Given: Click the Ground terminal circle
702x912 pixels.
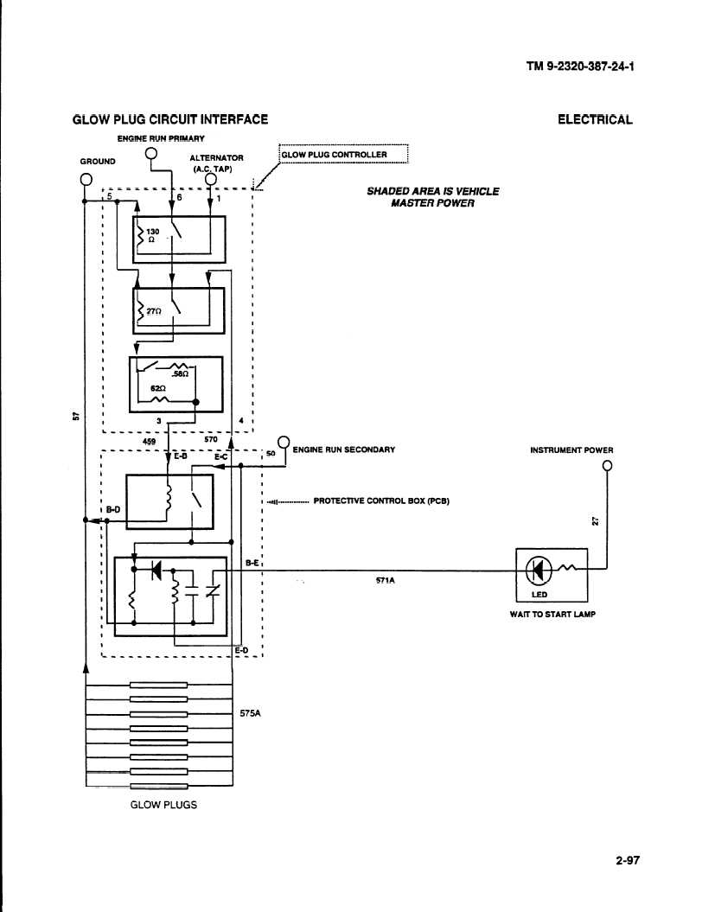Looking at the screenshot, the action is [x=86, y=179].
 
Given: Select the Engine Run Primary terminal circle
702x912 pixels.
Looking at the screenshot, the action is [x=150, y=154].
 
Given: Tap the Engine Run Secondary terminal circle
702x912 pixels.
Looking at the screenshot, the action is [x=284, y=442].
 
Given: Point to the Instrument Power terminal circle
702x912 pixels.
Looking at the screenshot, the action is [x=608, y=465].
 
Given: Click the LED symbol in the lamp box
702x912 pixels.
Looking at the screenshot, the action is [x=538, y=571].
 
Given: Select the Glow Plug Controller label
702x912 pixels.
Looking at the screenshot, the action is [x=334, y=155].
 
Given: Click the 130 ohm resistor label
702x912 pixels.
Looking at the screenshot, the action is [x=152, y=235].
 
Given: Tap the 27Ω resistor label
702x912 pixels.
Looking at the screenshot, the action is [x=154, y=312].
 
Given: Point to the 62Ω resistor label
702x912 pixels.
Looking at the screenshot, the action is [x=158, y=388].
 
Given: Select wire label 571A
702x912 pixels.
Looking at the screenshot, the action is [x=385, y=580].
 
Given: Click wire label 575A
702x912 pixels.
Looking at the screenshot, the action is [x=250, y=713].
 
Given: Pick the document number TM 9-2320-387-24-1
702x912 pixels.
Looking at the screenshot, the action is [x=580, y=66].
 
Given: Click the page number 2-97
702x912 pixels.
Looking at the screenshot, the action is [x=628, y=860].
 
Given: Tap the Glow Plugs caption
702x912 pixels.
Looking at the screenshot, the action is [x=163, y=805].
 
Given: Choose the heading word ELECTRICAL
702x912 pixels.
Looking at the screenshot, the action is [x=595, y=120].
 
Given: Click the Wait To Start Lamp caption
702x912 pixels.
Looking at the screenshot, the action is [x=552, y=615].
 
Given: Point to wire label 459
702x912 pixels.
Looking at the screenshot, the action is [x=149, y=442].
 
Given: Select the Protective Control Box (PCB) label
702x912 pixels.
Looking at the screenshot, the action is [x=381, y=501].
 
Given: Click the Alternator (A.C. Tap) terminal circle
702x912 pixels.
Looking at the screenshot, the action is [x=211, y=180].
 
